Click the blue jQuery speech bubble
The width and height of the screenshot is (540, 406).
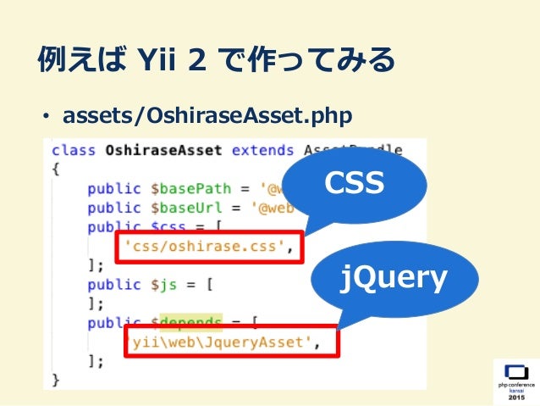pyautogui.click(x=394, y=279)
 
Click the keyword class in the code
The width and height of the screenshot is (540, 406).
pyautogui.click(x=73, y=151)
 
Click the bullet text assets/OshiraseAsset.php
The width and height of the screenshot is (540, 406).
pyautogui.click(x=208, y=114)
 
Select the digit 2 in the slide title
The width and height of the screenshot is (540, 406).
pyautogui.click(x=203, y=60)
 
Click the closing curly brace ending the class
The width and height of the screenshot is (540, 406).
pyautogui.click(x=57, y=380)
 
